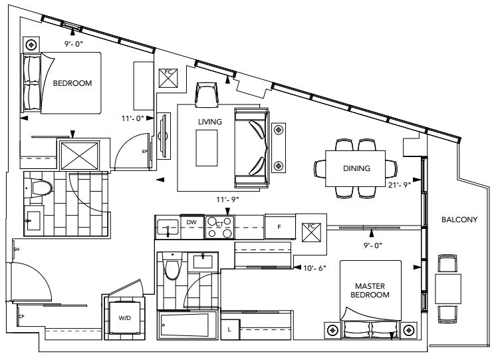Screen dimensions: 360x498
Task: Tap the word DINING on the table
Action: (x=356, y=168)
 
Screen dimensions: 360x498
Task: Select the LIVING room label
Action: (x=209, y=122)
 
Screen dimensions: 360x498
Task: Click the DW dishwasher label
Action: (x=191, y=222)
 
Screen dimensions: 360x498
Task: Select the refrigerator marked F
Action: (x=279, y=226)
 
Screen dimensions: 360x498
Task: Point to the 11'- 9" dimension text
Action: (x=227, y=199)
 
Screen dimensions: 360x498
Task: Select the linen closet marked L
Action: (x=229, y=329)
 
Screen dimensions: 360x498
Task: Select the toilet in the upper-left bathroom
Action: (x=39, y=187)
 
